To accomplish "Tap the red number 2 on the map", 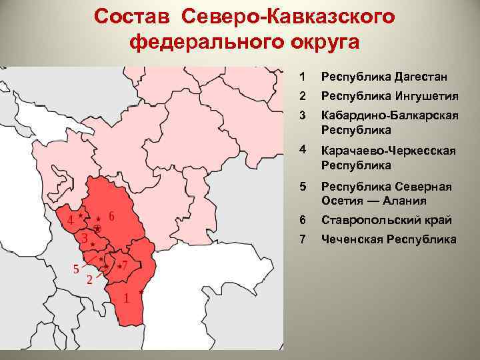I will click(89, 280).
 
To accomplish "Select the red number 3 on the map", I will click(84, 238).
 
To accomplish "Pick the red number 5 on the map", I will click(77, 269).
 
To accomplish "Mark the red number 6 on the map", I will click(111, 216).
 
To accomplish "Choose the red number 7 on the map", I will click(125, 265).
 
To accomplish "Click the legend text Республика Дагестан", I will click(382, 77).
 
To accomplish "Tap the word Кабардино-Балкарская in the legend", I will click(389, 116).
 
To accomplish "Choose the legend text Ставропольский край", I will click(386, 220).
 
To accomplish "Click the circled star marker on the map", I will click(97, 229).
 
